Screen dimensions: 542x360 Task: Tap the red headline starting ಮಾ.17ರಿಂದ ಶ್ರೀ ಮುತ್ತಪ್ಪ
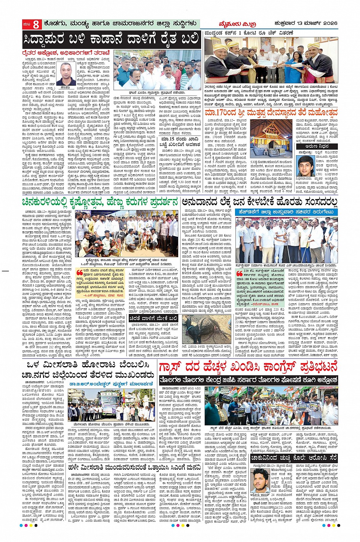pyautogui.click(x=271, y=113)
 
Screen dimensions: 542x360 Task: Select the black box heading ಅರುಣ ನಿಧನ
pyautogui.click(x=317, y=146)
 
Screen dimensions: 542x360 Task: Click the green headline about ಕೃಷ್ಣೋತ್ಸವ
pyautogui.click(x=100, y=202)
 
